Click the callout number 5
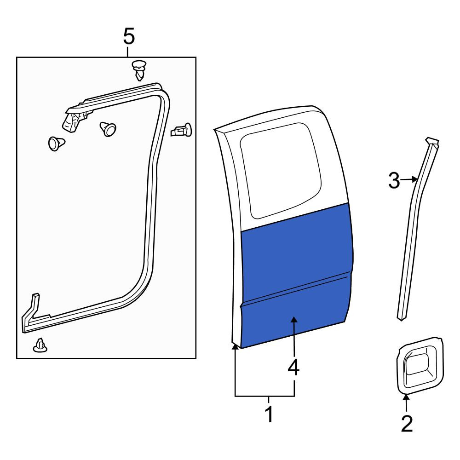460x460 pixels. click(x=129, y=36)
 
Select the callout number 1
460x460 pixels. click(x=269, y=414)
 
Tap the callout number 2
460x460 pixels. click(x=407, y=424)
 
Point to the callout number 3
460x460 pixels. click(x=394, y=180)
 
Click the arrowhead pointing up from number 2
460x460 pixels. click(x=406, y=398)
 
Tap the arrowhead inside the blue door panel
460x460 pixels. click(x=294, y=320)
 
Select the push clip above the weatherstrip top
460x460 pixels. click(x=139, y=70)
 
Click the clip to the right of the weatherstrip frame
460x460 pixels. click(x=181, y=130)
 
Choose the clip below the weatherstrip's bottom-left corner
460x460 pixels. click(x=40, y=345)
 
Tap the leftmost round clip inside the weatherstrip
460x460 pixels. click(x=56, y=143)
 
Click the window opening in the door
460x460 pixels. click(x=281, y=170)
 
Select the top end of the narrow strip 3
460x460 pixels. click(x=432, y=141)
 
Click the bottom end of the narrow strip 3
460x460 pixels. click(x=402, y=318)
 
